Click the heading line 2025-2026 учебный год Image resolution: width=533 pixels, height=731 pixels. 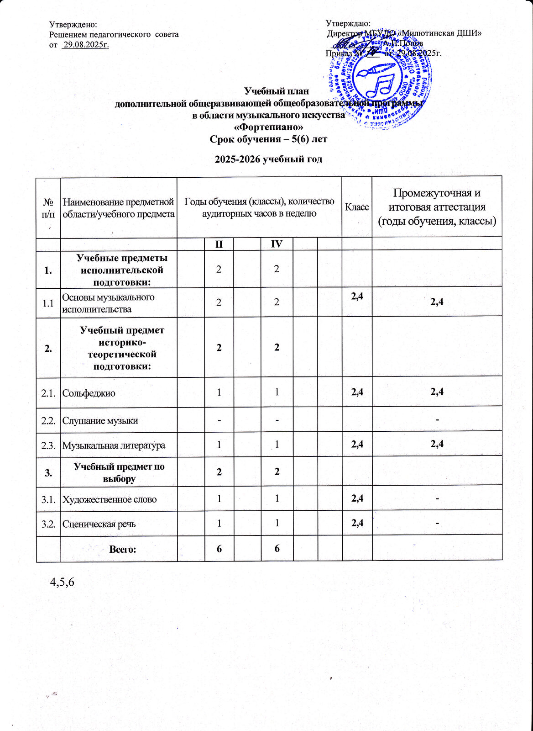click(x=268, y=159)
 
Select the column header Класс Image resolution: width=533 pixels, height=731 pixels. click(x=357, y=207)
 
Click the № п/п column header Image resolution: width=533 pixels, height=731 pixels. click(x=48, y=207)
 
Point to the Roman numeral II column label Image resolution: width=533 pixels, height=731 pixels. click(x=219, y=244)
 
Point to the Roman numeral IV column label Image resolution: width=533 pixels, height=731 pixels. click(x=277, y=244)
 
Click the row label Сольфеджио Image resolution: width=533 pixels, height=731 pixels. click(x=89, y=392)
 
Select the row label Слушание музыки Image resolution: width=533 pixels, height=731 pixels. click(x=100, y=420)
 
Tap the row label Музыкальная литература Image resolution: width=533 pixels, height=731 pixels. click(x=114, y=445)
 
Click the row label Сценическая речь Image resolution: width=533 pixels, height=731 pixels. click(x=99, y=524)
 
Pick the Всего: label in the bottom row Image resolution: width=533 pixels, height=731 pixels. click(x=123, y=549)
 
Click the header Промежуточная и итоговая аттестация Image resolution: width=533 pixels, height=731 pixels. click(x=437, y=207)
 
